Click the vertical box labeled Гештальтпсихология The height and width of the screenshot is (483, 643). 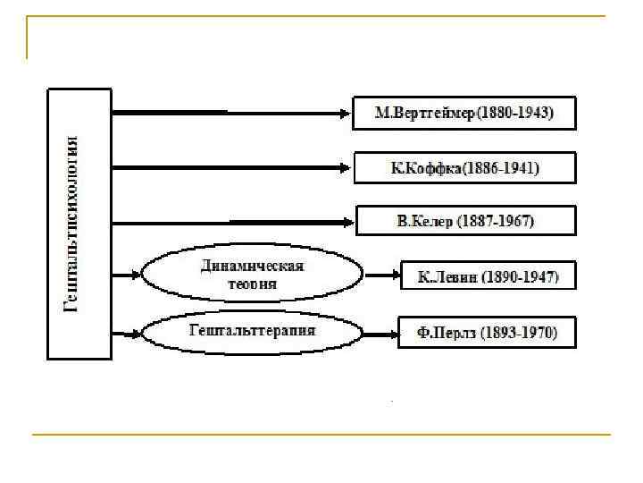click(79, 224)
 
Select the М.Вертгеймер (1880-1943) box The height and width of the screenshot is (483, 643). click(464, 114)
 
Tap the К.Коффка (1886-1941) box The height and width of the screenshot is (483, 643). click(464, 167)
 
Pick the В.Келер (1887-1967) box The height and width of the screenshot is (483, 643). click(464, 220)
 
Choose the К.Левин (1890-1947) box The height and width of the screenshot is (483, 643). click(489, 276)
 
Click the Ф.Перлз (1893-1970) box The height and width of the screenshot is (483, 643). click(487, 334)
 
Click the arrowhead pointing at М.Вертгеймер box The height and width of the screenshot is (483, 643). click(346, 113)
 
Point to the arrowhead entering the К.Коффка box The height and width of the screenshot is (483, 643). click(347, 167)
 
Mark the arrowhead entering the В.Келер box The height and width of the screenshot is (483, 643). click(349, 221)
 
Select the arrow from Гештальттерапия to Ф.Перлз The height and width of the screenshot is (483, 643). click(380, 334)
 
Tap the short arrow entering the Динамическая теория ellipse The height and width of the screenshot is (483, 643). click(127, 275)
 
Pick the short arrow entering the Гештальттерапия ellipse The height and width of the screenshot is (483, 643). click(127, 334)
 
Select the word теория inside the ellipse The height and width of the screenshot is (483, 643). click(252, 284)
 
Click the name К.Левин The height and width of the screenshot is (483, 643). click(448, 276)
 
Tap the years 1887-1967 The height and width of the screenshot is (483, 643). click(496, 220)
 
